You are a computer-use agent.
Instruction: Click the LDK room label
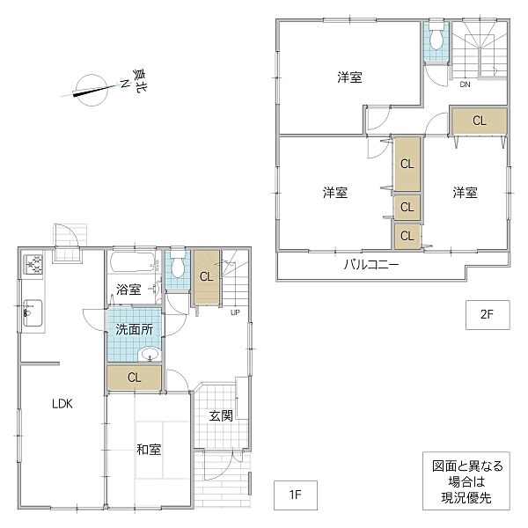(x=61, y=404)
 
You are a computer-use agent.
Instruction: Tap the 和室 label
(x=148, y=449)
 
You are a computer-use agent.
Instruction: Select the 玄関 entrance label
(x=221, y=416)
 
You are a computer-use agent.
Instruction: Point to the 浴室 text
(x=130, y=289)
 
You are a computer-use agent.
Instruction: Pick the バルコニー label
(x=370, y=265)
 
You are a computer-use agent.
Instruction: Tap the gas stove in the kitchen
(x=33, y=264)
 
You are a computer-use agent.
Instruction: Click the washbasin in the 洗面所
(x=150, y=355)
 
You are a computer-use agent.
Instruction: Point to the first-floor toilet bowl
(x=178, y=264)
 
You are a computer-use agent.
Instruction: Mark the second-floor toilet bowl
(x=436, y=37)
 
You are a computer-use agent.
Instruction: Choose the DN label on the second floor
(x=464, y=85)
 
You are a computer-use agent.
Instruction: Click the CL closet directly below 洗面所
(x=135, y=378)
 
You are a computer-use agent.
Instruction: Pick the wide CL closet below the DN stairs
(x=479, y=121)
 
